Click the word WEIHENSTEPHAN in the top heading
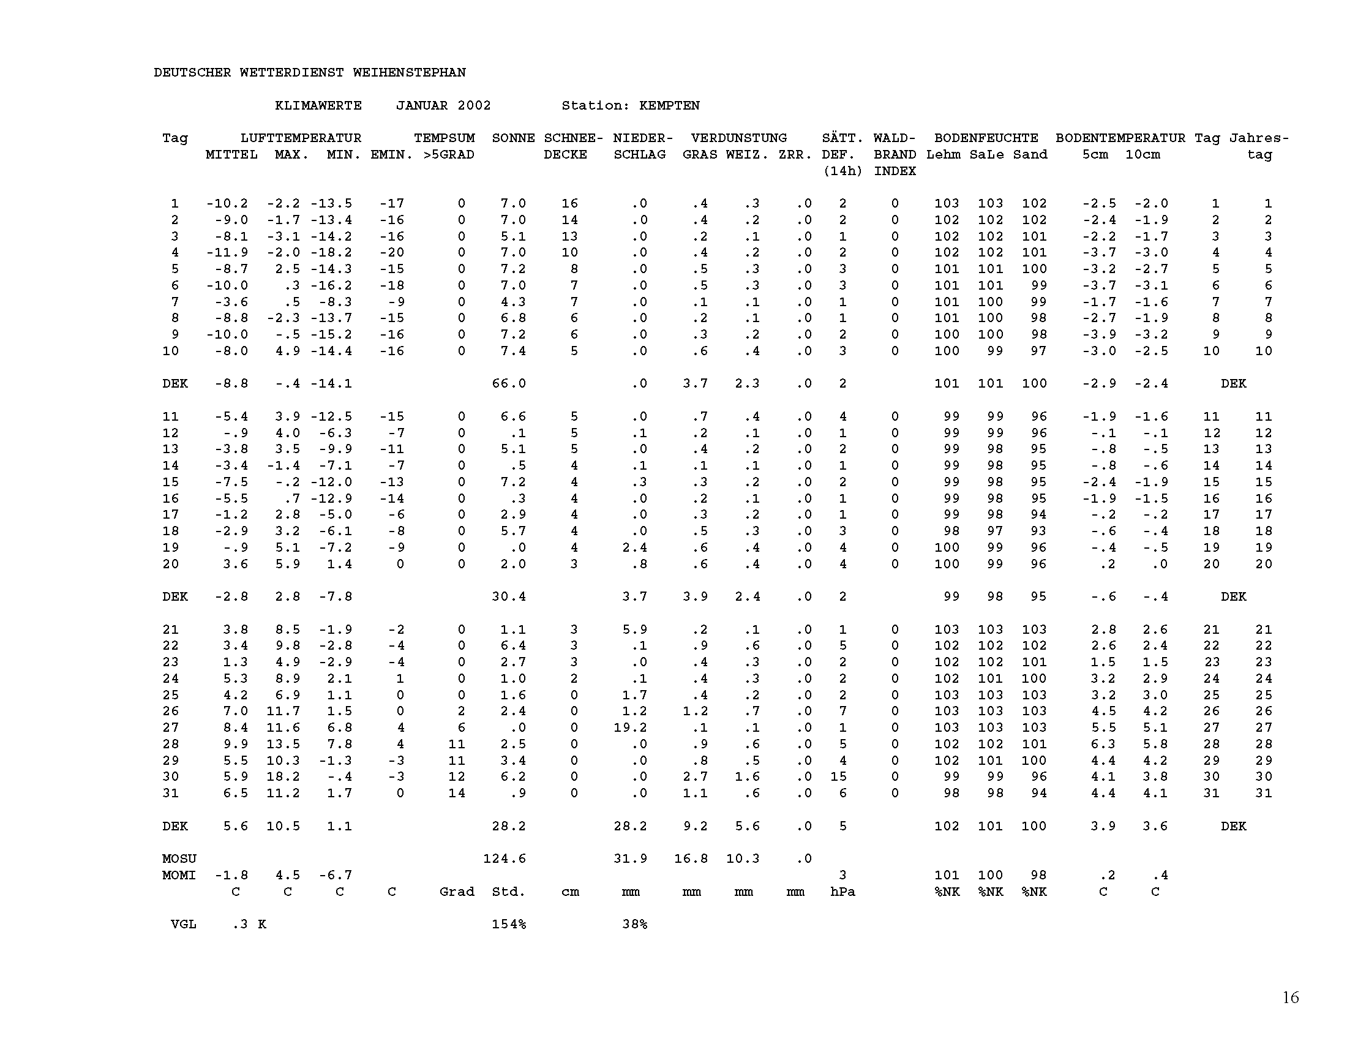[x=409, y=73]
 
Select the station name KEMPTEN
[x=669, y=105]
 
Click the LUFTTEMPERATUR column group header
[x=301, y=138]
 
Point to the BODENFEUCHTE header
[x=986, y=138]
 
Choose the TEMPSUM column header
[x=444, y=138]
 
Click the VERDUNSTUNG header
[x=739, y=138]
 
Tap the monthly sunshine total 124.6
[x=505, y=859]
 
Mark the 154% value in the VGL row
[x=509, y=925]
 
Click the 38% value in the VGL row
[x=635, y=925]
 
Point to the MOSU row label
[x=179, y=859]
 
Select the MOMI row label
[x=179, y=876]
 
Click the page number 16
[x=1290, y=997]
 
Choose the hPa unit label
[x=842, y=892]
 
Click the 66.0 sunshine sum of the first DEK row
[x=509, y=383]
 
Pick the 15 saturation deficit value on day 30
[x=838, y=777]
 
